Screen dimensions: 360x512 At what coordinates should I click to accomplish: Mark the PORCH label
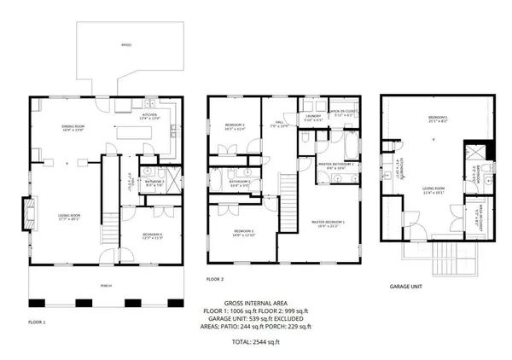(105, 286)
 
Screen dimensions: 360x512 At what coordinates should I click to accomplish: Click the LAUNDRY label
(312, 119)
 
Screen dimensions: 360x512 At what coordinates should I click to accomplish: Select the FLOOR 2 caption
(214, 279)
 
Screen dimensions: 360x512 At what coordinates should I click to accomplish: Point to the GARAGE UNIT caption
(406, 287)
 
